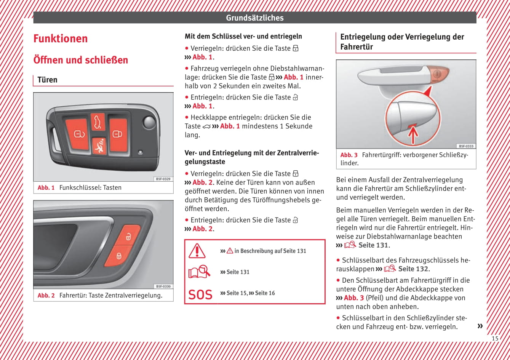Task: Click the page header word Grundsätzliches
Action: coord(254,18)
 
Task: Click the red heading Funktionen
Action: coord(61,38)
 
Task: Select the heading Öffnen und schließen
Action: coord(81,60)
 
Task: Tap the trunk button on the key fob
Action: coord(98,122)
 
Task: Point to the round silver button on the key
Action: coord(149,123)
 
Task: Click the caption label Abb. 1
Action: coord(46,187)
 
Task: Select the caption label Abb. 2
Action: coord(46,295)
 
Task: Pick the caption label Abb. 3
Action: coord(349,155)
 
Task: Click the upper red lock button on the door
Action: coord(128,235)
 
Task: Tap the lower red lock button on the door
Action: coord(119,255)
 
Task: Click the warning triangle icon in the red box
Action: coord(197,251)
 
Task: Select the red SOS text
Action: coord(200,294)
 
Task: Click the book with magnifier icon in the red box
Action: coord(199,272)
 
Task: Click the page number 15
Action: coord(495,338)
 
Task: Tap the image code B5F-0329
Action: coord(163,179)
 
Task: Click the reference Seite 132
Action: coord(413,269)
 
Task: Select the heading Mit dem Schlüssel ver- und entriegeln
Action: coord(243,37)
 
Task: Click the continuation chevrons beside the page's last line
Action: coord(480,326)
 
